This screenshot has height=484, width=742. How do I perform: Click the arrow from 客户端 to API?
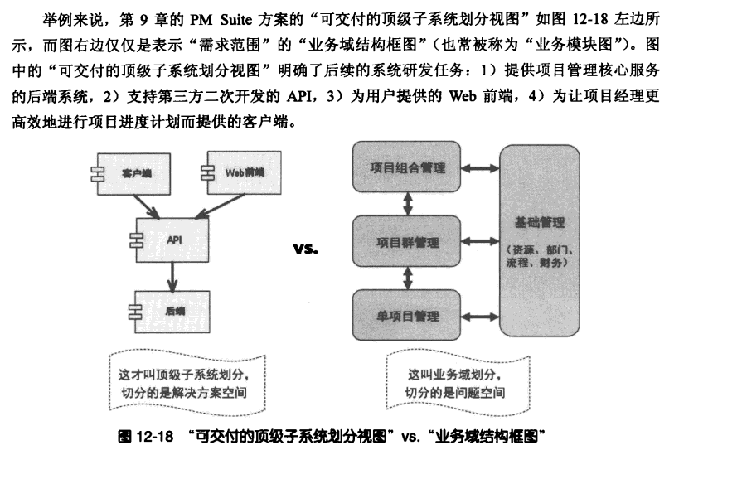146,206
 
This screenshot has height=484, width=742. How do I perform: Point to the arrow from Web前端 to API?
220,206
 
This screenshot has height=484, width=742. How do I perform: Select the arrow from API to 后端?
172,277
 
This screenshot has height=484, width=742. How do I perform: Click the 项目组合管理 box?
406,167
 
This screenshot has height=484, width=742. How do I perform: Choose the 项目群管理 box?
406,241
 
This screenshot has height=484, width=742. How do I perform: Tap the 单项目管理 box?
406,315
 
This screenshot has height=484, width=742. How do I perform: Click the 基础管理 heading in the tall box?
540,222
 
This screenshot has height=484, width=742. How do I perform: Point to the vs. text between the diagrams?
306,249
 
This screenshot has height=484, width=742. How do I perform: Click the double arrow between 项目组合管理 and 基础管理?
480,168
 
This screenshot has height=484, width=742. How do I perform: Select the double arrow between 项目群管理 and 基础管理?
480,242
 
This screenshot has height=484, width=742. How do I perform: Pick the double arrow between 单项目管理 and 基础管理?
480,317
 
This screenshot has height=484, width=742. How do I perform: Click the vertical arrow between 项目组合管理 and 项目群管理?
407,204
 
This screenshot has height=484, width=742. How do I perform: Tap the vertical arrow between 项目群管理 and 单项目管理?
407,278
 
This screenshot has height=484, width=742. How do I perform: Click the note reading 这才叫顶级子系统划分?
187,383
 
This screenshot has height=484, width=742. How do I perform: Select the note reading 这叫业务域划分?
458,383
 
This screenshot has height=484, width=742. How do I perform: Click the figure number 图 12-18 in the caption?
145,436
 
